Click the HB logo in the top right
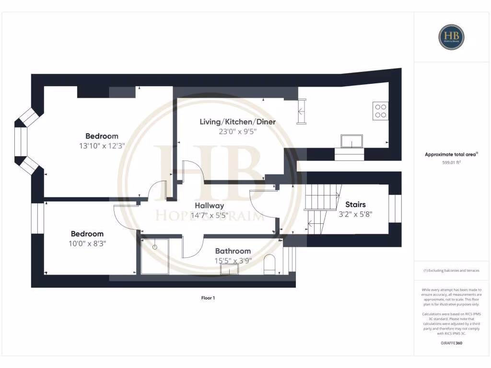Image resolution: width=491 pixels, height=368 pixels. [451, 37]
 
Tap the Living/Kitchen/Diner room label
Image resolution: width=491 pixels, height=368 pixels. [237, 122]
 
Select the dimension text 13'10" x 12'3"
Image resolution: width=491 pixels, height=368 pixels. [102, 146]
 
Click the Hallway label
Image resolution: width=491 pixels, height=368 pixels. [209, 206]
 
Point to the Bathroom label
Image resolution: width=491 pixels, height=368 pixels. [233, 251]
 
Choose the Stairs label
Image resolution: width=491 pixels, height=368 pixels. [355, 205]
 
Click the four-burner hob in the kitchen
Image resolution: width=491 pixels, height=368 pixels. [381, 111]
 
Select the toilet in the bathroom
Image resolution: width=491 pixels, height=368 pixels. [270, 265]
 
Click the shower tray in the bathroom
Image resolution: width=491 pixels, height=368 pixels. [155, 256]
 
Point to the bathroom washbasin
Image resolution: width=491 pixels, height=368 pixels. [230, 269]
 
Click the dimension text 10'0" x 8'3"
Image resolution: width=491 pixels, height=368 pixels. [88, 243]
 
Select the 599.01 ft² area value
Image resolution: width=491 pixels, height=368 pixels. [451, 162]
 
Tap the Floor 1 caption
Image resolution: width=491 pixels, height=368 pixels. [208, 298]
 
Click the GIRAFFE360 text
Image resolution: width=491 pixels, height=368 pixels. [451, 343]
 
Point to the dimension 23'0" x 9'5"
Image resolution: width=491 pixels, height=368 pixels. [237, 132]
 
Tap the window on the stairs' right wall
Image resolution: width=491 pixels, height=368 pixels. [394, 208]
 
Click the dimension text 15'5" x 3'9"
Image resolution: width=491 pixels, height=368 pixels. [233, 261]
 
